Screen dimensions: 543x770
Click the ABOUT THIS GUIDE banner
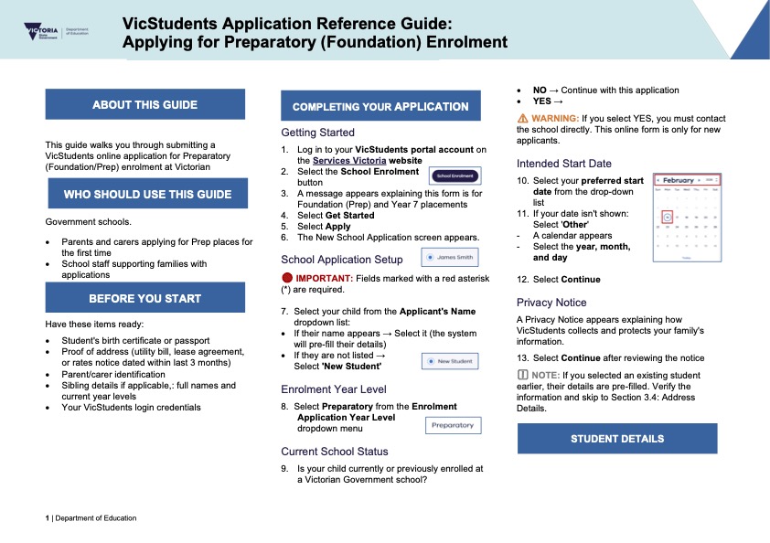click(144, 104)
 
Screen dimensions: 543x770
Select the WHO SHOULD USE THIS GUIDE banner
click(146, 194)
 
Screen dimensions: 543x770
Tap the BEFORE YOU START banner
click(144, 298)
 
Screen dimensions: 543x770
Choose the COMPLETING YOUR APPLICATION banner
click(380, 107)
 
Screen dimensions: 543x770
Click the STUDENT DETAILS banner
click(616, 439)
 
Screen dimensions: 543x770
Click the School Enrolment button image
click(455, 176)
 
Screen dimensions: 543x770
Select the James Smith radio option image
click(451, 258)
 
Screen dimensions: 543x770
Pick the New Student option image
click(450, 361)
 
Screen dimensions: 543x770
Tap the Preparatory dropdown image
click(453, 425)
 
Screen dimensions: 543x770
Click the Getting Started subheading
click(317, 133)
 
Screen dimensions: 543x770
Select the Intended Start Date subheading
click(563, 164)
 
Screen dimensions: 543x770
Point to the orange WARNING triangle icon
click(522, 119)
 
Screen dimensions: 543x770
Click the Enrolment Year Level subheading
click(333, 389)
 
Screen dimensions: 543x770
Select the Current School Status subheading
click(334, 452)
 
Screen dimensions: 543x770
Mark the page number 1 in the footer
click(48, 518)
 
